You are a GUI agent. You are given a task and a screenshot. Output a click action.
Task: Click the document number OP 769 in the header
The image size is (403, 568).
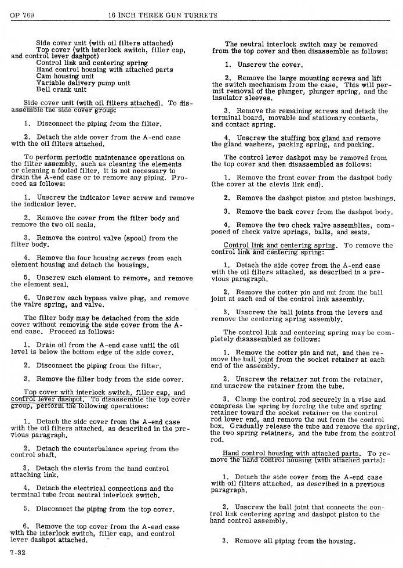coord(21,16)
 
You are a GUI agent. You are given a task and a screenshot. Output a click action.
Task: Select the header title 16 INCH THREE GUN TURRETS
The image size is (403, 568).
coord(162,16)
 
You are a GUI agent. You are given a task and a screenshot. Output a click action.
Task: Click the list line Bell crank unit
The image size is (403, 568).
coord(61,89)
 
